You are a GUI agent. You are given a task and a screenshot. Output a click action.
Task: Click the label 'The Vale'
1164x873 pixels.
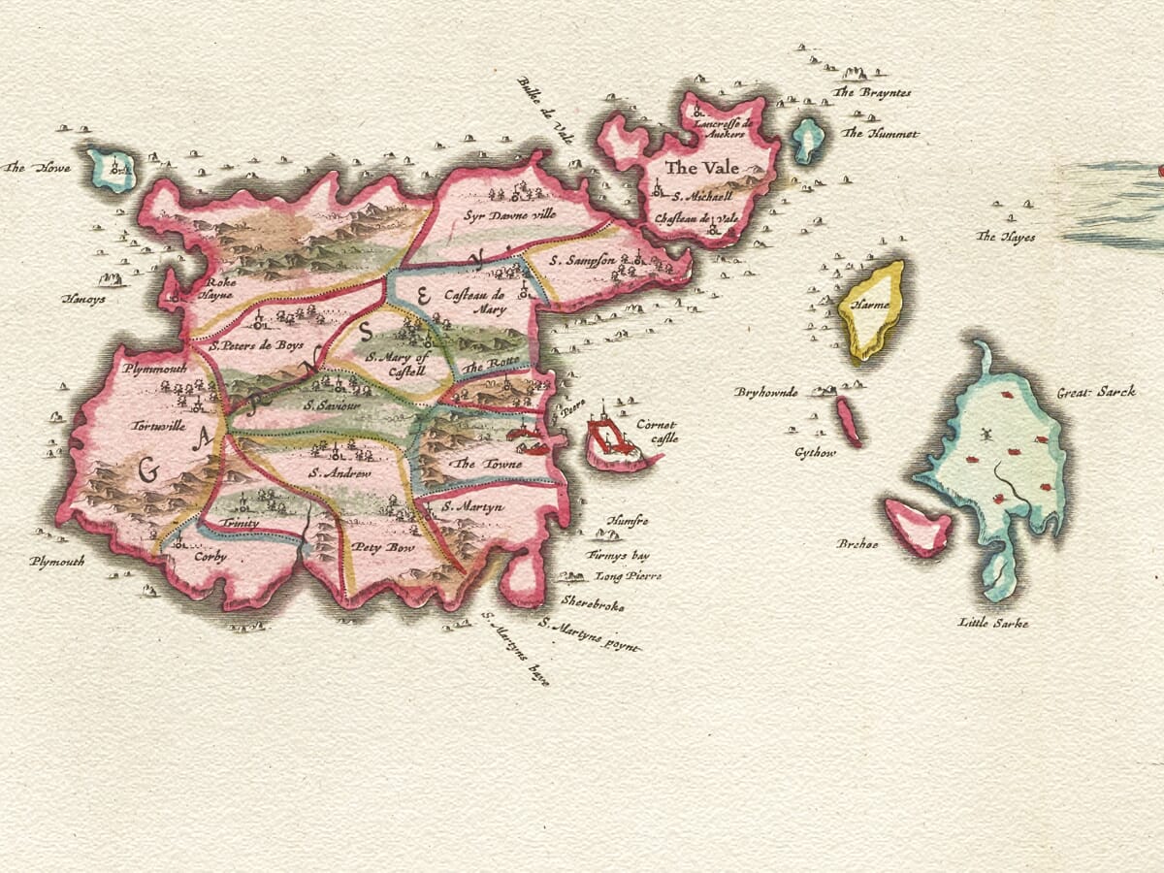pyautogui.click(x=701, y=168)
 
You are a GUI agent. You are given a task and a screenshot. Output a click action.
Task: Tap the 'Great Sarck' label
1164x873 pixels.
pyautogui.click(x=1096, y=393)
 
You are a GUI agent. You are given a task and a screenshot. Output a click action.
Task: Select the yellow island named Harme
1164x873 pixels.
pyautogui.click(x=872, y=308)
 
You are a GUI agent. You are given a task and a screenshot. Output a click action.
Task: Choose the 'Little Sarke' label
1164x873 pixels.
pyautogui.click(x=992, y=623)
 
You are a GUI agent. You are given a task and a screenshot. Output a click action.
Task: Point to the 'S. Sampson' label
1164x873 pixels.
pyautogui.click(x=583, y=260)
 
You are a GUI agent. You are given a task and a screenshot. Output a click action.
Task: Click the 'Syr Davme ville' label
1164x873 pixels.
pyautogui.click(x=509, y=214)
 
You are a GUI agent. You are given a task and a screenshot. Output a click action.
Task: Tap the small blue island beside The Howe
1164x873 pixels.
pyautogui.click(x=112, y=170)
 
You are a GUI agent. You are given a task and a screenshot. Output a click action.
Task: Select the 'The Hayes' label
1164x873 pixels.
pyautogui.click(x=1006, y=237)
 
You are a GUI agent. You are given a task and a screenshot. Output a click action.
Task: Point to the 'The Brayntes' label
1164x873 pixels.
pyautogui.click(x=872, y=92)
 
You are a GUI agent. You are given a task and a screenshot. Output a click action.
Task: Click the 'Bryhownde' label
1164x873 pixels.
pyautogui.click(x=766, y=392)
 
